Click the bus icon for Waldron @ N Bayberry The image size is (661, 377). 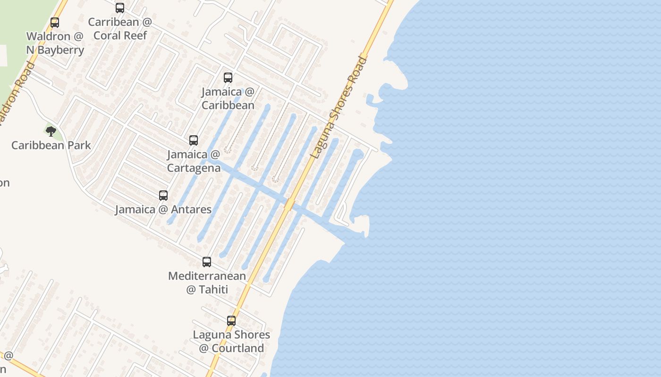(55, 23)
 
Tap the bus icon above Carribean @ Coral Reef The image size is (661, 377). (120, 8)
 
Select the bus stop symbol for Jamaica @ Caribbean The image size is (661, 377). (228, 78)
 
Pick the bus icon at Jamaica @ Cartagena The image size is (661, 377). (194, 140)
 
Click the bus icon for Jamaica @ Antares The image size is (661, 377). (163, 195)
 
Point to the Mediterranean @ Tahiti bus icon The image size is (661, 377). (207, 262)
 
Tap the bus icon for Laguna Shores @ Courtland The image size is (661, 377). (231, 321)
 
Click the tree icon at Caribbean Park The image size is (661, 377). (51, 131)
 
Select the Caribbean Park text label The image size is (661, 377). (51, 145)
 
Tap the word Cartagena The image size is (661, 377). (194, 168)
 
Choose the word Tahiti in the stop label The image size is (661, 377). (213, 289)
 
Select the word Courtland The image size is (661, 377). (237, 348)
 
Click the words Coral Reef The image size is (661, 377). (120, 35)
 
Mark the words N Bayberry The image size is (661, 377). (55, 50)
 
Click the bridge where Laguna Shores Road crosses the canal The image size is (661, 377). (289, 205)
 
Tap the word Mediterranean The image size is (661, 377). (207, 276)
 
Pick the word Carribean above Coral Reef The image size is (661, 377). (113, 22)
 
